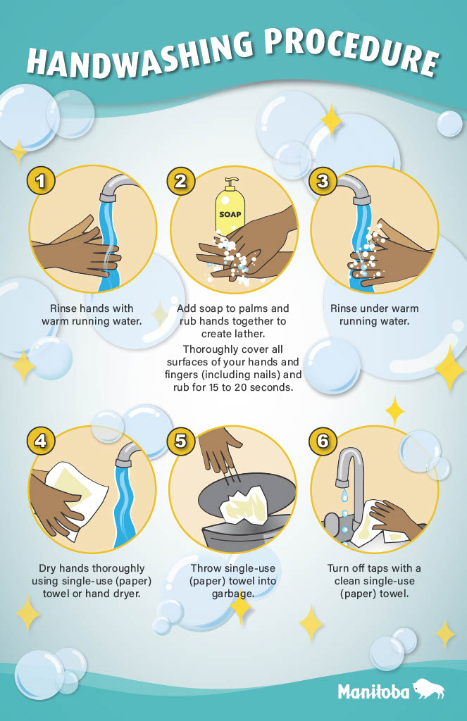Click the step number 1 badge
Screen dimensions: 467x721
point(41,181)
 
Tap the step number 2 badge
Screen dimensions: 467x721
point(181,181)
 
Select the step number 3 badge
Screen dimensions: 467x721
point(323,181)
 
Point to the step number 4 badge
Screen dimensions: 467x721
point(41,441)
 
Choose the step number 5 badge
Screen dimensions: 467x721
point(181,441)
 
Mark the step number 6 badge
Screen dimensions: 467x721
point(323,441)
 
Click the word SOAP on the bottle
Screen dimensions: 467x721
point(230,214)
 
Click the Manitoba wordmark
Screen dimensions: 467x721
point(373,691)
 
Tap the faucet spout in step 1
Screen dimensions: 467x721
point(118,186)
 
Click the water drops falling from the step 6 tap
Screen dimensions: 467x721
point(344,513)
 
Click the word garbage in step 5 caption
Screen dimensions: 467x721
point(233,594)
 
